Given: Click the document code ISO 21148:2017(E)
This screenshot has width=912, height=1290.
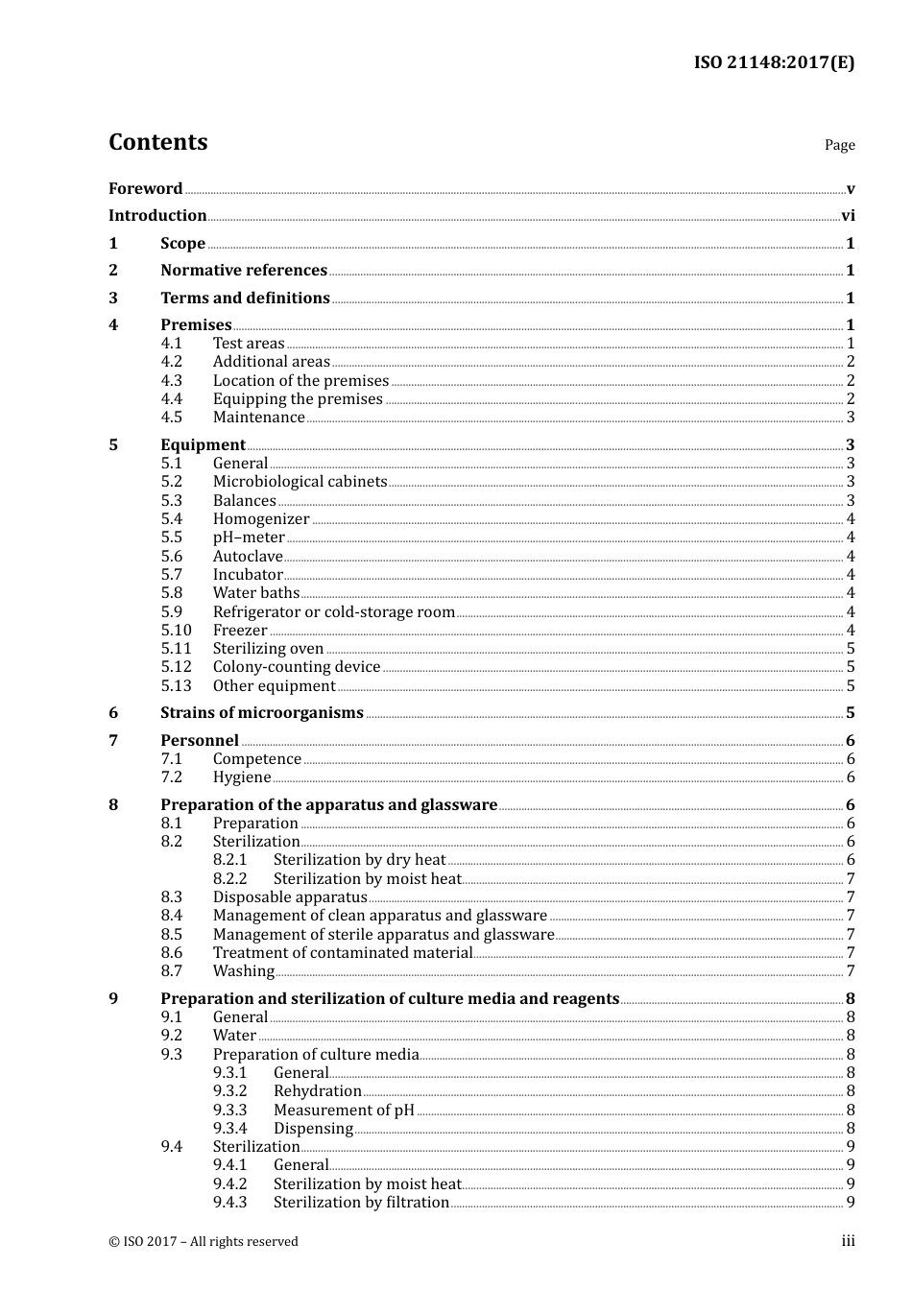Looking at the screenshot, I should coord(774,63).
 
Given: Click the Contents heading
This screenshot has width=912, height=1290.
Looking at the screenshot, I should coord(157,142).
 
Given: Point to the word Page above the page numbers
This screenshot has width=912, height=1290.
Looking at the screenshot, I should coord(839,145).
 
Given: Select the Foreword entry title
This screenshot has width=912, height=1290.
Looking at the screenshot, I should coord(145,189).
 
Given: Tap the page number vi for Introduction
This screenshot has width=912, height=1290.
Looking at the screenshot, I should coord(848,216).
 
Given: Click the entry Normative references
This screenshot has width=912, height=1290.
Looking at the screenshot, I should coord(244,271).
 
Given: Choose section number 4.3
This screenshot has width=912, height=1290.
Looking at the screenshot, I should coord(171,380).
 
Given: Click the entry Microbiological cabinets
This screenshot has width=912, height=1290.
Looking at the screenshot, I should coord(300,482).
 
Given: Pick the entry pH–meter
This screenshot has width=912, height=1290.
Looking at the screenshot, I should coord(249,537).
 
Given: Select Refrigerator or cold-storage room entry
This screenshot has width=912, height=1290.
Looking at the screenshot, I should coord(334,612).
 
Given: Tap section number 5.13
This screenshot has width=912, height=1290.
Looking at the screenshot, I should coord(176,686).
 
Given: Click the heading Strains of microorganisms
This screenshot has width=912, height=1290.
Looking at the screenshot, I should coord(261,713).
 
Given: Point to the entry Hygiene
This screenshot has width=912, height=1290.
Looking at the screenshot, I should coord(242,777).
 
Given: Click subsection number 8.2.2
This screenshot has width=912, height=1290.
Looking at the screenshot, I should coord(229,879).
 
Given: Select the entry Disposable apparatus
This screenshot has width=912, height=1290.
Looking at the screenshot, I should coord(290,897).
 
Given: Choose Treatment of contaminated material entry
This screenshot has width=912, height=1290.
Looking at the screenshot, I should coord(343,953).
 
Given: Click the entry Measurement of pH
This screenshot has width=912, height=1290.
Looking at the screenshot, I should coord(344,1111).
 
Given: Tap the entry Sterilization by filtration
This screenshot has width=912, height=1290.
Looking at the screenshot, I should coord(361,1203).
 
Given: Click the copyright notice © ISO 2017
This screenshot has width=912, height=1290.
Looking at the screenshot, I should coord(204,1242).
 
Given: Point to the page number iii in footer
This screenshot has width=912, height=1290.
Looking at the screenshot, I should coord(848,1241).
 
